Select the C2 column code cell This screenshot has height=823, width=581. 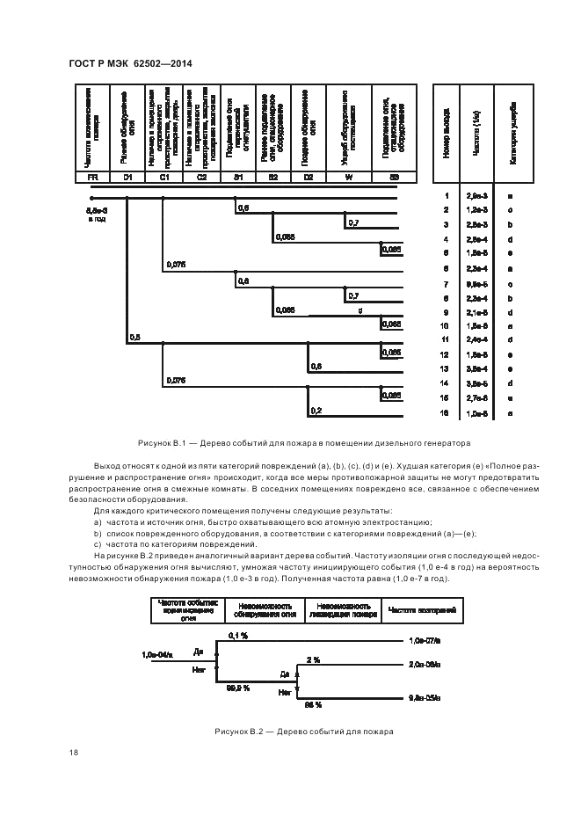pyautogui.click(x=201, y=178)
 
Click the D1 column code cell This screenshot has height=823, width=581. pyautogui.click(x=127, y=178)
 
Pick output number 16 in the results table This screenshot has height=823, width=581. pyautogui.click(x=447, y=411)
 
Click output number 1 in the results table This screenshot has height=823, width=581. pyautogui.click(x=447, y=195)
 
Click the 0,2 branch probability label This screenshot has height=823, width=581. pyautogui.click(x=316, y=410)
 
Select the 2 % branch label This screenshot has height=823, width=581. pyautogui.click(x=313, y=658)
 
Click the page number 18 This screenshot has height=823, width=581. pyautogui.click(x=74, y=753)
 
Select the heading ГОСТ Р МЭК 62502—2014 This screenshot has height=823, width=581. pyautogui.click(x=129, y=62)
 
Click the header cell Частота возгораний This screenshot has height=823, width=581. pyautogui.click(x=421, y=610)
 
